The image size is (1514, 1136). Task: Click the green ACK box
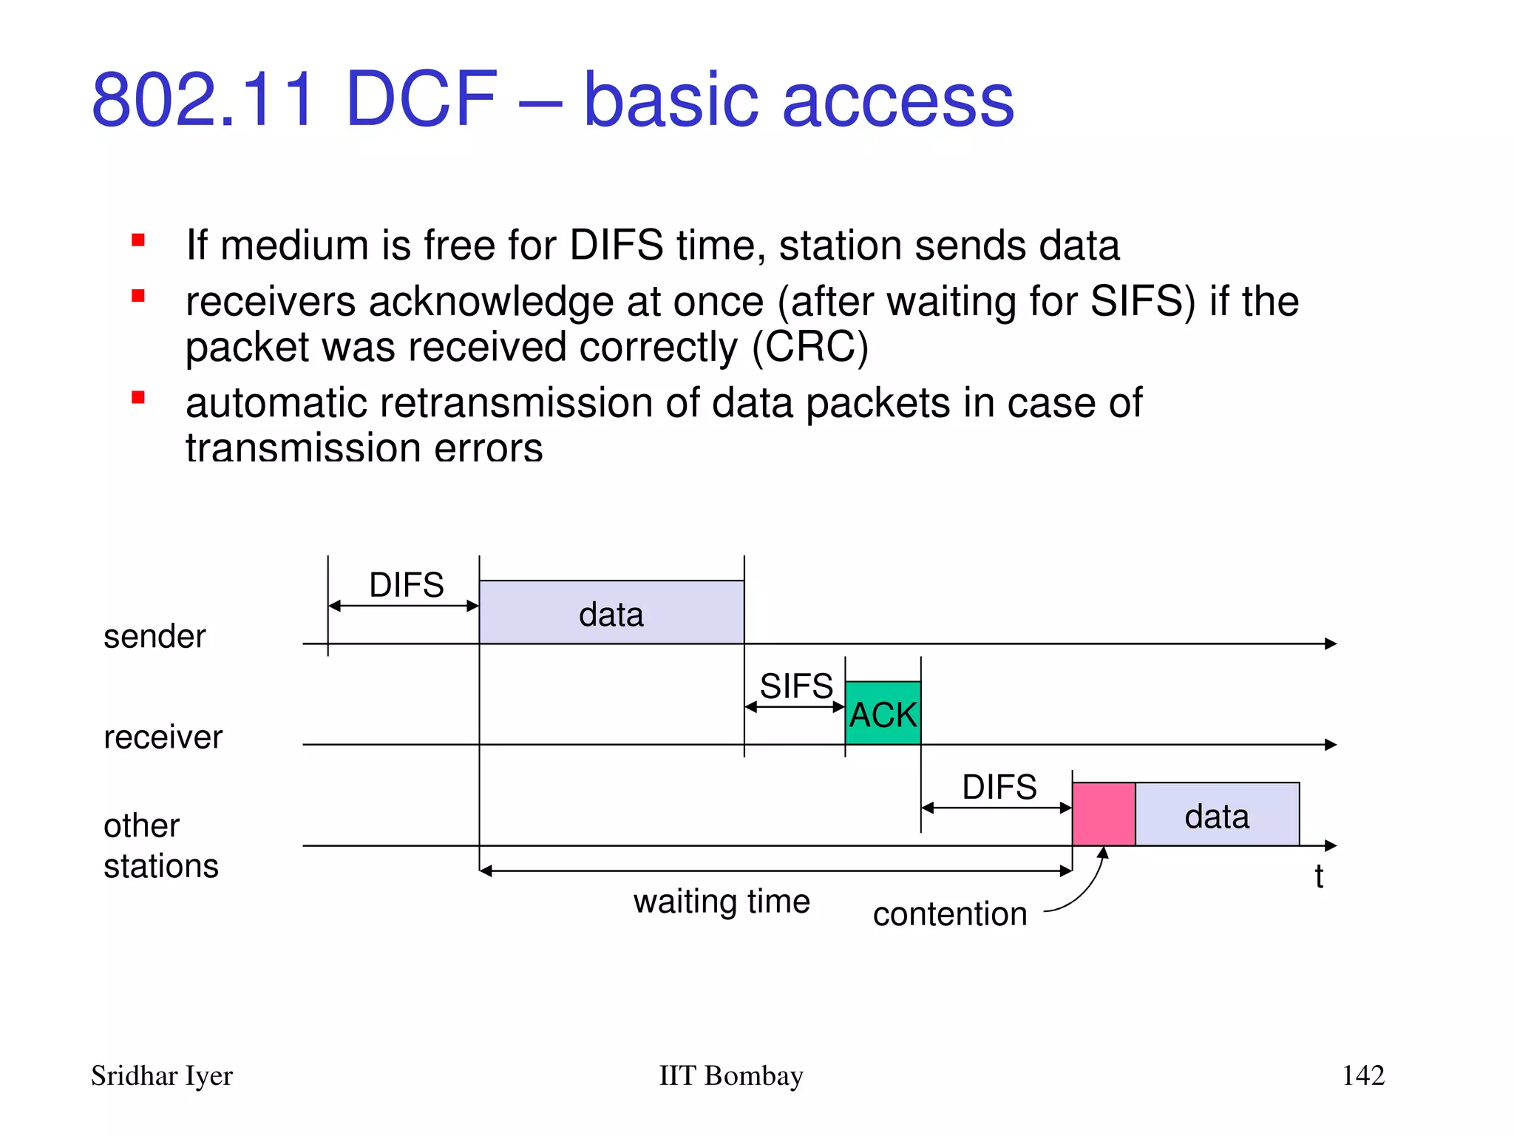883,713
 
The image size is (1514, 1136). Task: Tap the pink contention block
1103,814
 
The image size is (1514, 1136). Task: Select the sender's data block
611,612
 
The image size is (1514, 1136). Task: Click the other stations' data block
1217,815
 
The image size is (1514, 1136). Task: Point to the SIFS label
796,686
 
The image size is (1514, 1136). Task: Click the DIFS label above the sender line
406,585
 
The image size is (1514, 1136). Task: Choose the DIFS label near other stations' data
999,787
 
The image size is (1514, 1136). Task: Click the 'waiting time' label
722,902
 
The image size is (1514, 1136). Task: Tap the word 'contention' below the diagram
949,914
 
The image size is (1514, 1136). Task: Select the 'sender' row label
155,636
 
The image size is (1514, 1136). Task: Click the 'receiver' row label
163,737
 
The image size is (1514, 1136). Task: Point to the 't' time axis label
1318,877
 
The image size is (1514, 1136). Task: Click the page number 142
1362,1075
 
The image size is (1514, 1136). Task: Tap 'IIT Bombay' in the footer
730,1075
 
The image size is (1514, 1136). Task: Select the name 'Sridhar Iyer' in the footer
161,1075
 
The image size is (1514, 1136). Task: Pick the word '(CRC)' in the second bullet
809,348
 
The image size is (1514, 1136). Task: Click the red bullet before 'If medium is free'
138,240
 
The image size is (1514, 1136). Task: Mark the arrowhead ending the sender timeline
1331,643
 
